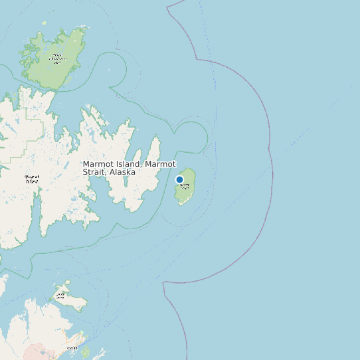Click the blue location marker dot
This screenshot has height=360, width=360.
click(179, 179)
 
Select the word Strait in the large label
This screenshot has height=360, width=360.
click(95, 172)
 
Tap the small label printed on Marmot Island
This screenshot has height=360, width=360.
click(185, 185)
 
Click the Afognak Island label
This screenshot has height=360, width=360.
click(31, 179)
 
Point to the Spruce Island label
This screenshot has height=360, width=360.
click(61, 296)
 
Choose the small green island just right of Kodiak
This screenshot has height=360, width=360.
click(85, 351)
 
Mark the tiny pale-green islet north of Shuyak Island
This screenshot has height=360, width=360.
click(45, 24)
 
